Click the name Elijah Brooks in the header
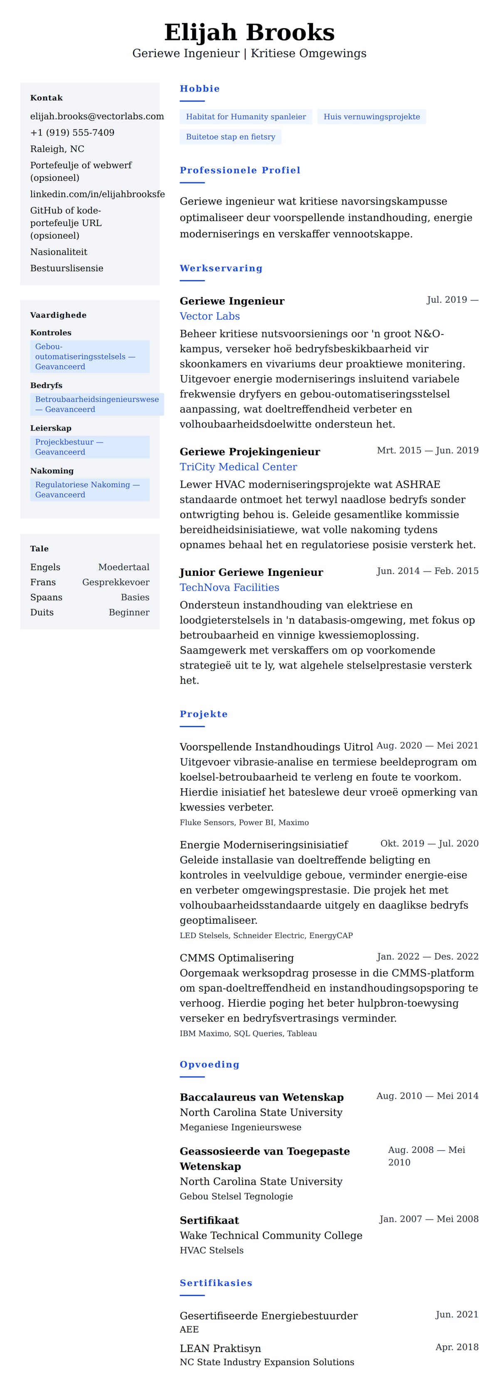(249, 32)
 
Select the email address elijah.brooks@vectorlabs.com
(96, 116)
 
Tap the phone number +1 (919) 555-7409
(72, 133)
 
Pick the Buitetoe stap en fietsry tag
(230, 137)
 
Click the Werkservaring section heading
(221, 268)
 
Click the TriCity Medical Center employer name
(238, 467)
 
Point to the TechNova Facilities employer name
(229, 588)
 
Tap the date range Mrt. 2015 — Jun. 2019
(427, 450)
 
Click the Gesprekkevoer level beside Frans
(116, 583)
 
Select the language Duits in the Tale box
(42, 612)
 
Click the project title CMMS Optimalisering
(236, 958)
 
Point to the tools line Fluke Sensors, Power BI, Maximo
(244, 823)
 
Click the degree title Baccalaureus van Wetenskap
(261, 1097)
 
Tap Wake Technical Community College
(271, 1235)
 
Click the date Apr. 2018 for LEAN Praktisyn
(457, 1347)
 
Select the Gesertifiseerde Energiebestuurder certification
(268, 1316)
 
